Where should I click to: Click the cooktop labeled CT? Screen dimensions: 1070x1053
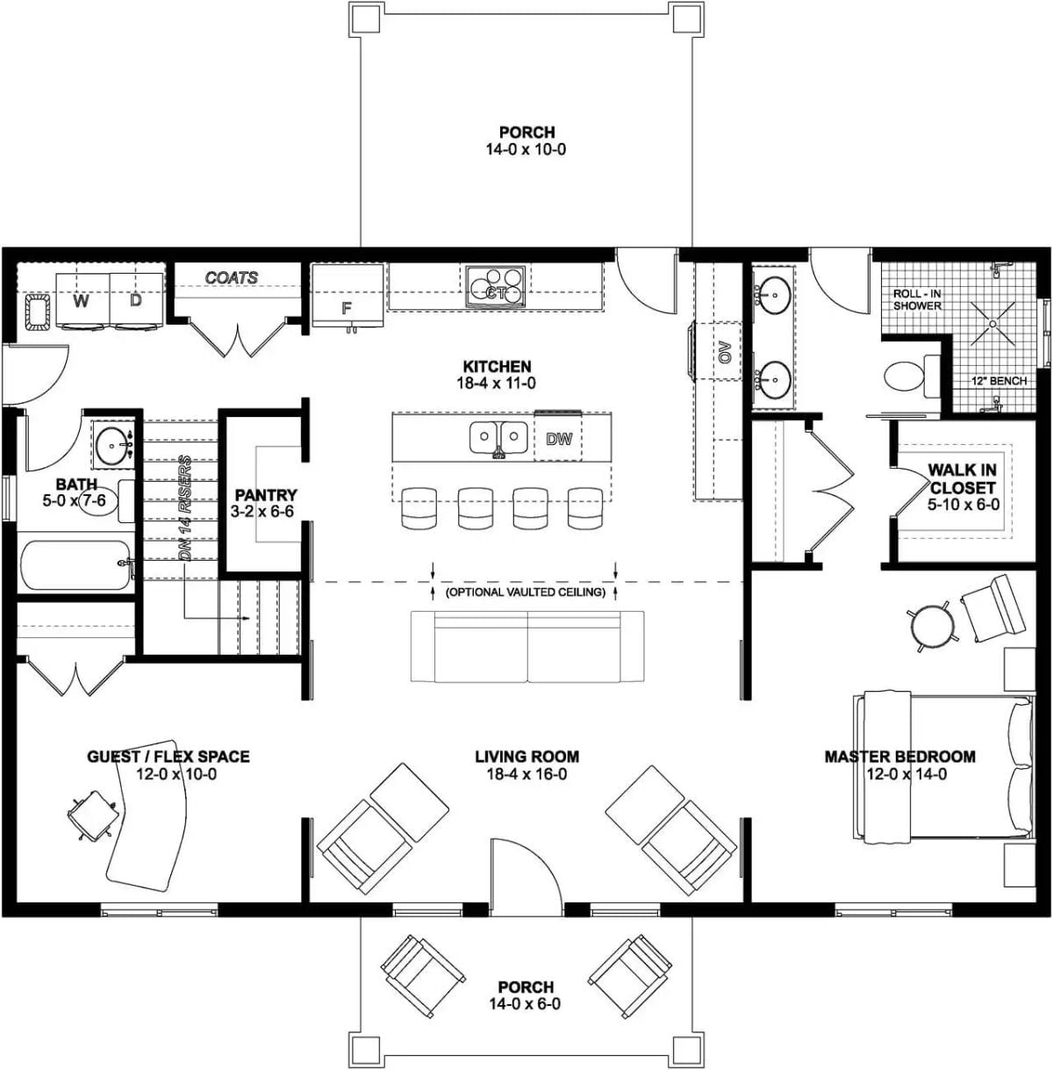pyautogui.click(x=496, y=287)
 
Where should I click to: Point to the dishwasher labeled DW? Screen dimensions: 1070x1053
pyautogui.click(x=558, y=438)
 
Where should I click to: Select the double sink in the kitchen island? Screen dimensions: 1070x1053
pyautogui.click(x=498, y=436)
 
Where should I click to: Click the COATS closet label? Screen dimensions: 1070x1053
pyautogui.click(x=232, y=277)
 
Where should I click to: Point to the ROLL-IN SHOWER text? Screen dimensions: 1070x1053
pyautogui.click(x=917, y=300)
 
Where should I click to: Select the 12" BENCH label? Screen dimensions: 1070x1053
pyautogui.click(x=999, y=381)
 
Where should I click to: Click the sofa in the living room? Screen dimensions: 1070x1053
pyautogui.click(x=527, y=646)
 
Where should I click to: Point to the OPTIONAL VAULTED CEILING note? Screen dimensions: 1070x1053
pyautogui.click(x=526, y=592)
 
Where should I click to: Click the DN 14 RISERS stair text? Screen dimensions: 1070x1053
pyautogui.click(x=185, y=508)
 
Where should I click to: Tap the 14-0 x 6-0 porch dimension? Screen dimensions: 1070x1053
pyautogui.click(x=525, y=1004)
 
